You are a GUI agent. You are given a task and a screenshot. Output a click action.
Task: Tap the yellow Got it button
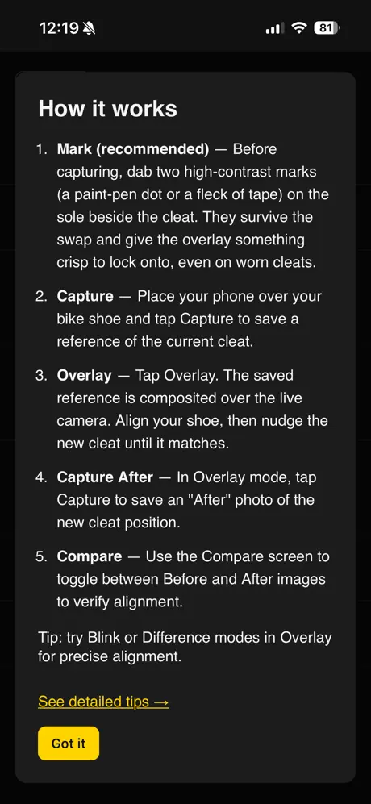click(69, 743)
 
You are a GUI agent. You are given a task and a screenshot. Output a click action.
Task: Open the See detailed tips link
click(103, 702)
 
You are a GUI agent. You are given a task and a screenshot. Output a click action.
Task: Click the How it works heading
click(108, 109)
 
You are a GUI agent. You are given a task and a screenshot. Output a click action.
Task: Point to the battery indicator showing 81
click(326, 28)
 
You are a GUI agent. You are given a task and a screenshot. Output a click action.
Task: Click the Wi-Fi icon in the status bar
click(298, 28)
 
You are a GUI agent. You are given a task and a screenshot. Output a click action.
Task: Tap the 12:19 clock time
click(59, 28)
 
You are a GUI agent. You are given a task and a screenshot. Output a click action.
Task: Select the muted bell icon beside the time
click(89, 29)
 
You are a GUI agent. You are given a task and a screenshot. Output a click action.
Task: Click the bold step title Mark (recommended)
click(133, 149)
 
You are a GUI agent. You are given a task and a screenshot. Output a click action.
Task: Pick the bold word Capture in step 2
click(85, 297)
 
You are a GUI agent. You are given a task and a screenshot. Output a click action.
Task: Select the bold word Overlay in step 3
click(84, 375)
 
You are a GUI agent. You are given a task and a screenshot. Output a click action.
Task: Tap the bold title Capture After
click(105, 477)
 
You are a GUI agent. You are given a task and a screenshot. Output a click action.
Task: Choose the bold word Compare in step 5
click(90, 556)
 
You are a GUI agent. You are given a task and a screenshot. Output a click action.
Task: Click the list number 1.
click(41, 149)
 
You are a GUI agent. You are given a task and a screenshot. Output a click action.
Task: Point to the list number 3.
click(41, 375)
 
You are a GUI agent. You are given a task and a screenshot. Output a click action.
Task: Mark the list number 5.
click(41, 556)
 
